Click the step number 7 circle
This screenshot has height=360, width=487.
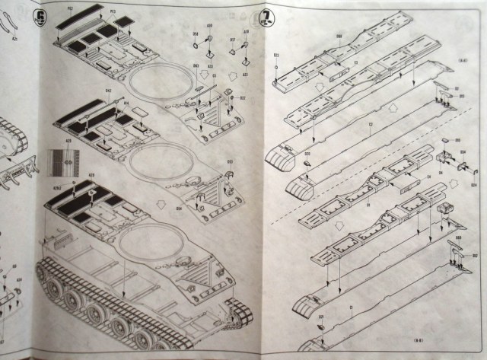(267, 16)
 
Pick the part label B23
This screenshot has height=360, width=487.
(275, 56)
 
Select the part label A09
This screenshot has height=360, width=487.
(208, 36)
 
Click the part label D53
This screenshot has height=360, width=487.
(228, 162)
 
